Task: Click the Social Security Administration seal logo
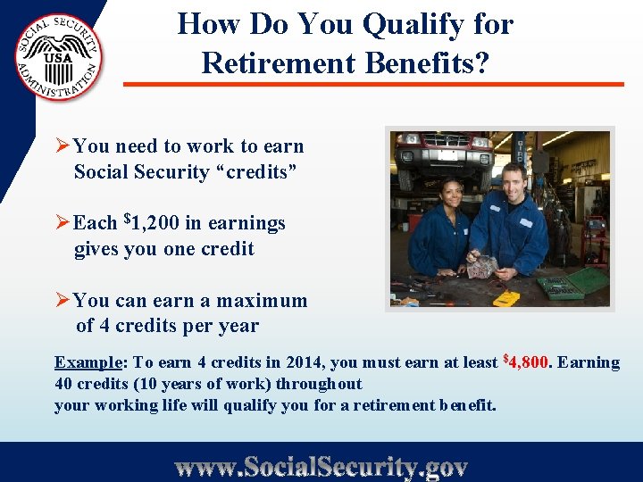coord(58,57)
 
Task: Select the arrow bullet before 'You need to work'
coord(63,146)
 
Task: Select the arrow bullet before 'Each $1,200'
coord(63,223)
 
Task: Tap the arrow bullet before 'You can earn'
coord(63,301)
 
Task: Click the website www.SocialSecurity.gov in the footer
coord(321,467)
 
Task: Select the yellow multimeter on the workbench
coord(507,298)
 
